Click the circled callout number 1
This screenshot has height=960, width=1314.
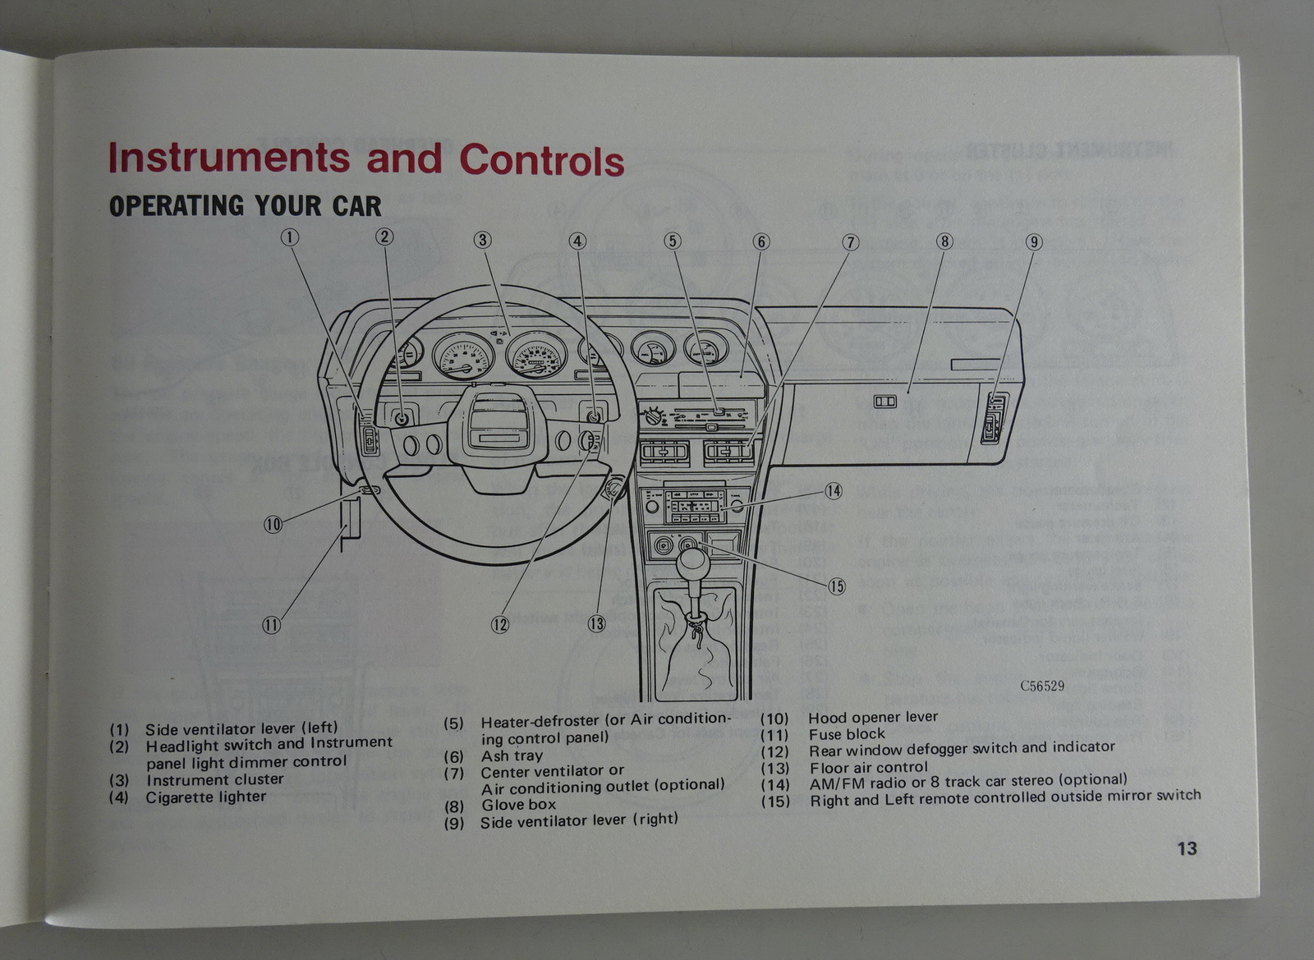coord(289,237)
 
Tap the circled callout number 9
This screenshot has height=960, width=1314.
coord(1034,241)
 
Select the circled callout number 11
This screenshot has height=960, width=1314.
coord(271,625)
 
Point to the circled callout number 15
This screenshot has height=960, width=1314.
coord(836,586)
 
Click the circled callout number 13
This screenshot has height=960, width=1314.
coord(597,624)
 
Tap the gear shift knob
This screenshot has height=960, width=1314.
coord(693,563)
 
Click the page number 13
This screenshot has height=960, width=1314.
coord(1187,848)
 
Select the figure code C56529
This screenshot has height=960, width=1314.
coord(1042,686)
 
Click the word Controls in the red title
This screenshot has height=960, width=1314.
coord(541,160)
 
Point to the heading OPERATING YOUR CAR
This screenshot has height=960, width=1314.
coord(245,205)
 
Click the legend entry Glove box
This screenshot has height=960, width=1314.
coord(518,805)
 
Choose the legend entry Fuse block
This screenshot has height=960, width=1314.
coord(847,734)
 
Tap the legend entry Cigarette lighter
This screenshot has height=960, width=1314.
coord(205,797)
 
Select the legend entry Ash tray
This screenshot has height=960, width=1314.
coord(512,756)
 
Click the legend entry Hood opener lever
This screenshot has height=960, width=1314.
coord(873,717)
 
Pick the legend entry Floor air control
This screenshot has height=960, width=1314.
coord(868,768)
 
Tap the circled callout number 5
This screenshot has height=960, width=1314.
coord(673,241)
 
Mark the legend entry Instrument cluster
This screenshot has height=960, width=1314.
coord(214,779)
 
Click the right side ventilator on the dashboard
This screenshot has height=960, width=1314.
coord(993,418)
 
